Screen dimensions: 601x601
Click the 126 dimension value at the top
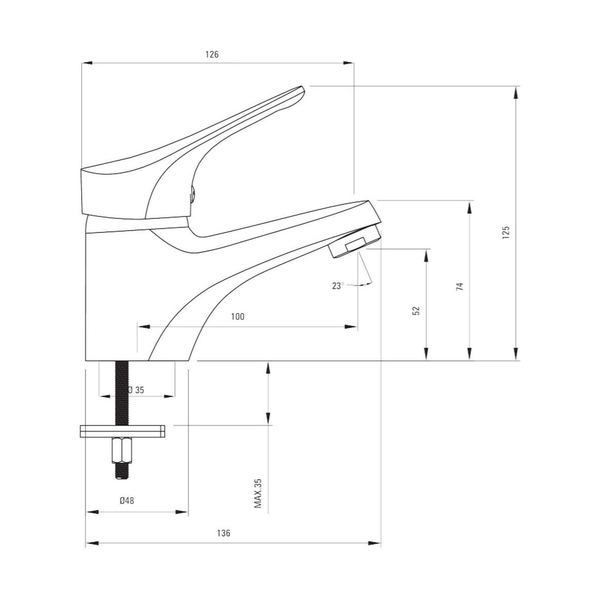pos(212,54)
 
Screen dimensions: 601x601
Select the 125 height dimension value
pos(505,232)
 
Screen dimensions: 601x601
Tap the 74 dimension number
pos(460,286)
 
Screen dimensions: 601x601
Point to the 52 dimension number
pos(416,311)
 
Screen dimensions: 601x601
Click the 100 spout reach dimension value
pos(238,317)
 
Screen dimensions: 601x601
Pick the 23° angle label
pos(338,285)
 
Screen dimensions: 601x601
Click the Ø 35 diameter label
pos(136,390)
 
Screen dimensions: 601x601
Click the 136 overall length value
pos(223,533)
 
